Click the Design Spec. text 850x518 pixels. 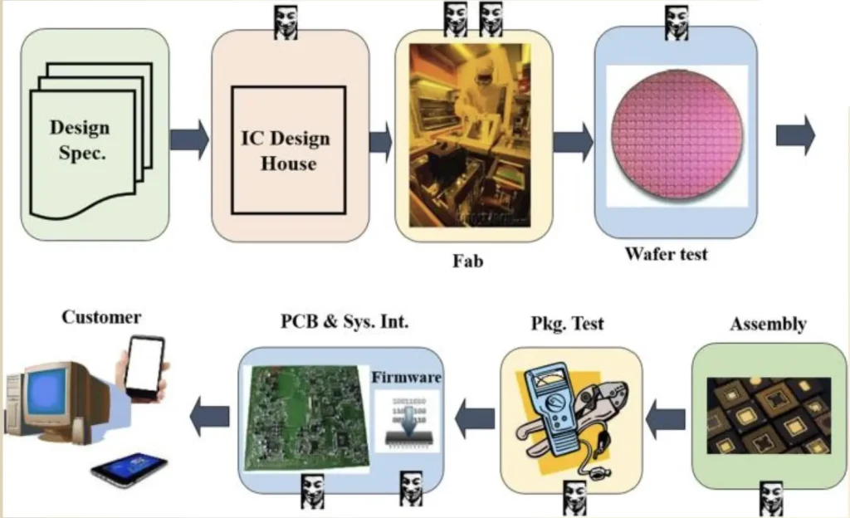coord(81,140)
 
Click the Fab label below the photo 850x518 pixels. coord(467,261)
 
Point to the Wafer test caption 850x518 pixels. coord(667,253)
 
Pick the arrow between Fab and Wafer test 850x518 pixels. coord(573,140)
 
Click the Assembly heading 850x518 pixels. coord(768,324)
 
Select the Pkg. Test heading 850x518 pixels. coord(568,323)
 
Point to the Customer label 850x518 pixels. coord(101,317)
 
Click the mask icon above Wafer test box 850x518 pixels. coord(677,22)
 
